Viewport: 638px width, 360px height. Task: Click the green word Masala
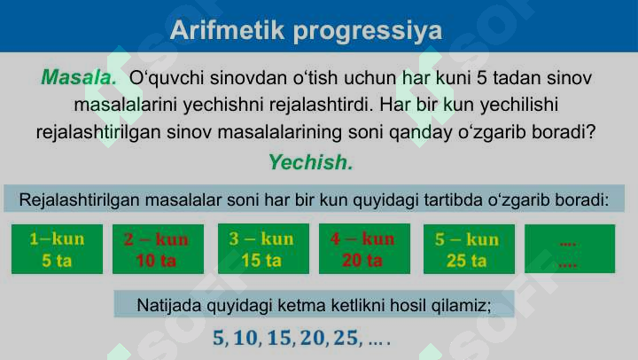pos(79,77)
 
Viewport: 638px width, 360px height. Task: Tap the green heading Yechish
pos(310,163)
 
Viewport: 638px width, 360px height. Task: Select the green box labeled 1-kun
pos(57,249)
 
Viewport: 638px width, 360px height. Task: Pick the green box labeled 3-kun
pos(261,249)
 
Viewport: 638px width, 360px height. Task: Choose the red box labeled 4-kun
pos(362,249)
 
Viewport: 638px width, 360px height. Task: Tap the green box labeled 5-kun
pos(467,249)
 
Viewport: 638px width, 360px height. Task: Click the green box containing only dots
pos(569,249)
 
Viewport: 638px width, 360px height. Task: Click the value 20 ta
pos(362,261)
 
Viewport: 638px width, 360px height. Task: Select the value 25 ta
pos(467,261)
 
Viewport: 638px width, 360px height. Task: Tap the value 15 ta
pos(261,261)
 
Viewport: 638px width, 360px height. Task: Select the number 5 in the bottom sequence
pos(219,339)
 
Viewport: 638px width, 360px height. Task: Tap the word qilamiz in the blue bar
pos(461,306)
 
